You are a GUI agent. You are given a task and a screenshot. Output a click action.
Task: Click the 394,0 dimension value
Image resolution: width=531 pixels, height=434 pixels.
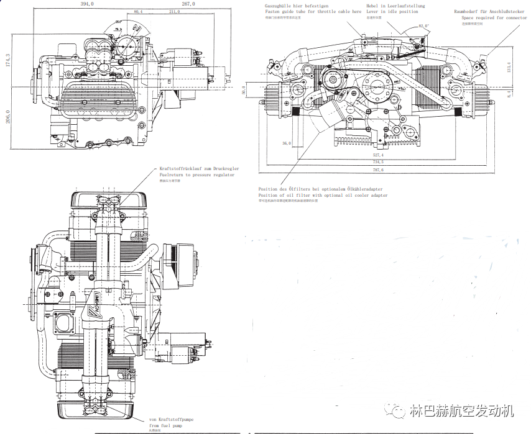click(x=86, y=4)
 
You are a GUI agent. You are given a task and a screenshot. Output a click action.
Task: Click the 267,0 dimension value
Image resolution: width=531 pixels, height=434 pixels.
click(x=188, y=4)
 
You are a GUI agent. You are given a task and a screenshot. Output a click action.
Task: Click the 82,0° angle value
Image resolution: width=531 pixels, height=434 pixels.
click(x=424, y=26)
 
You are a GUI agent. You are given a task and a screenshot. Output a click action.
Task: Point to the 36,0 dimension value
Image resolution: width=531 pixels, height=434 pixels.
click(x=286, y=144)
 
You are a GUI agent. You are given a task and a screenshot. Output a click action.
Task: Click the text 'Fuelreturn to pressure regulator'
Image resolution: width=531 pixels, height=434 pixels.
click(x=197, y=175)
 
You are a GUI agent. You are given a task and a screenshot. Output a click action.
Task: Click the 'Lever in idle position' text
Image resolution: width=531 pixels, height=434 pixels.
click(x=392, y=12)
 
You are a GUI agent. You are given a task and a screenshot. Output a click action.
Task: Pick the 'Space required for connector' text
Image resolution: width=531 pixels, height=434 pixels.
click(x=494, y=18)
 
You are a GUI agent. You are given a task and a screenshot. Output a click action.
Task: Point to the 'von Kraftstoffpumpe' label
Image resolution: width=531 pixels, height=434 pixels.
click(x=172, y=420)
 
